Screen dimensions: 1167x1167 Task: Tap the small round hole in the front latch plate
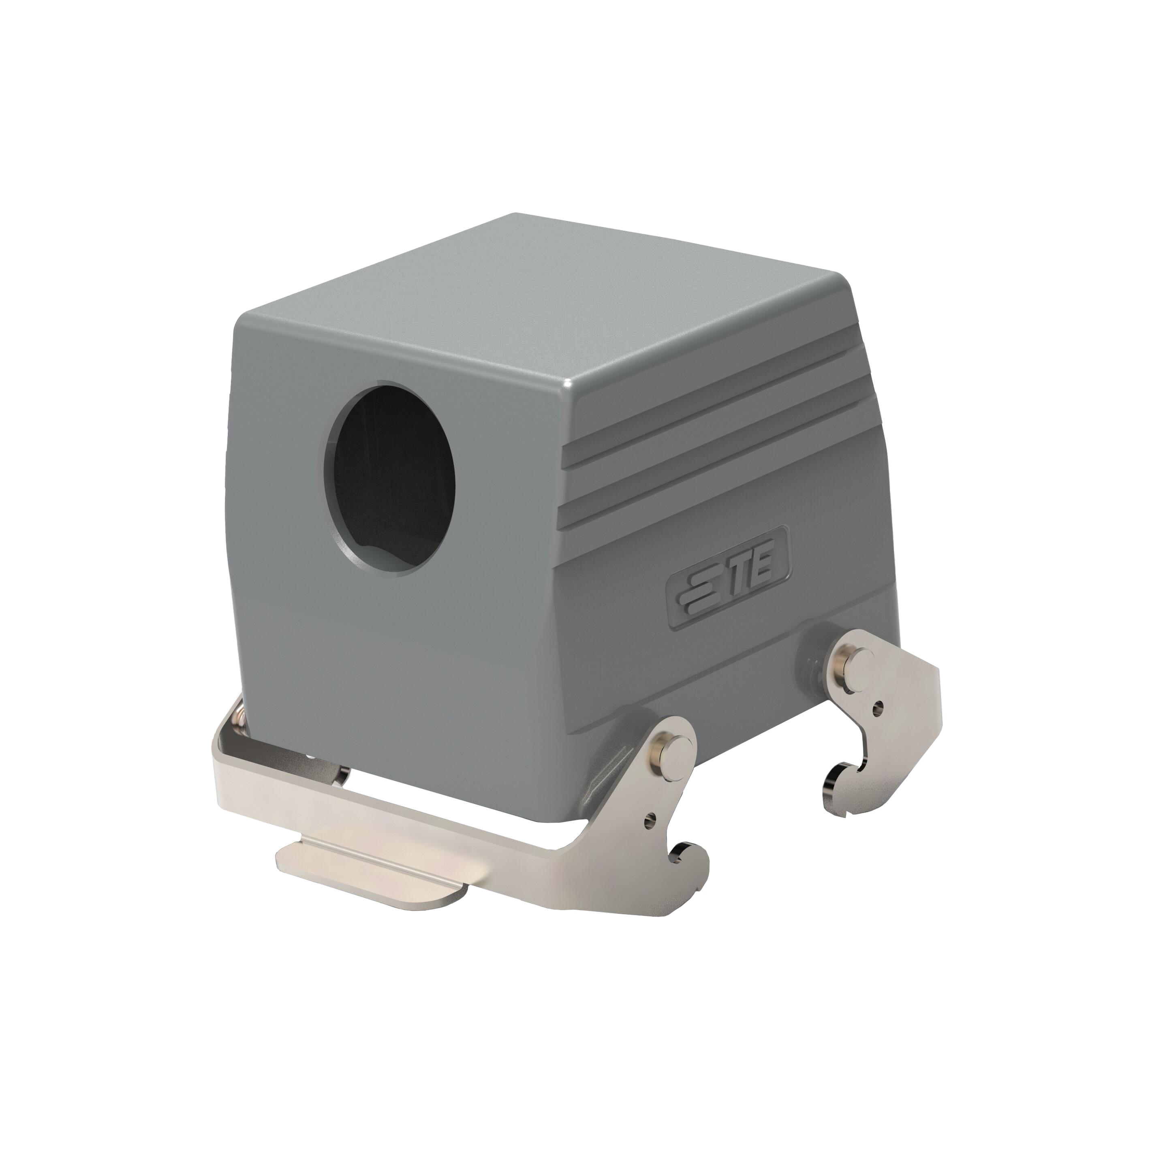coord(651,821)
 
